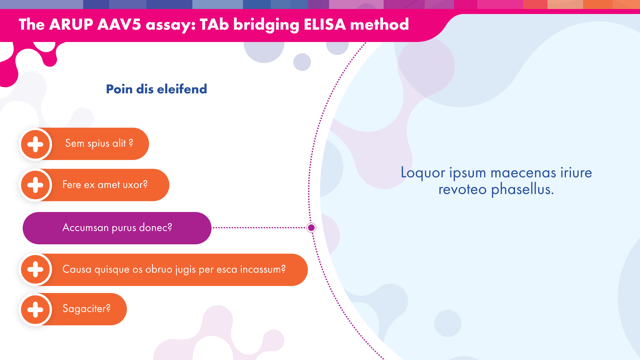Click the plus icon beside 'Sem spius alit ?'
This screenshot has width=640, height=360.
click(35, 144)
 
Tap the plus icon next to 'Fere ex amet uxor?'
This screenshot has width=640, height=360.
click(35, 185)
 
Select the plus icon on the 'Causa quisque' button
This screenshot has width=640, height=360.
click(35, 270)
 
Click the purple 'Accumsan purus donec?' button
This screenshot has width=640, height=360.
click(117, 228)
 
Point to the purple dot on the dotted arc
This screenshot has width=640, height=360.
click(311, 228)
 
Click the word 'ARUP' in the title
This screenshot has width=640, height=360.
click(71, 24)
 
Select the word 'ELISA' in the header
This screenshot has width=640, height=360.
click(325, 24)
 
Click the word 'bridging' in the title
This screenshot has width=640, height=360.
click(266, 25)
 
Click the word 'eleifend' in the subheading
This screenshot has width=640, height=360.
click(182, 89)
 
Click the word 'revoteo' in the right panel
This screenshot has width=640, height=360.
click(462, 190)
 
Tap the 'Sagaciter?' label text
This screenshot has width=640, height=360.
click(86, 309)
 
